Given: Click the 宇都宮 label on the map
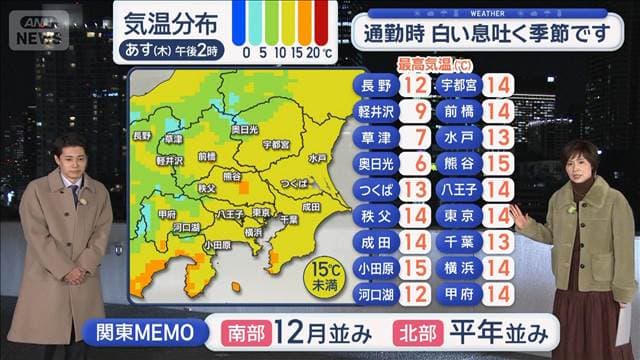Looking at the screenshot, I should point(275,144).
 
